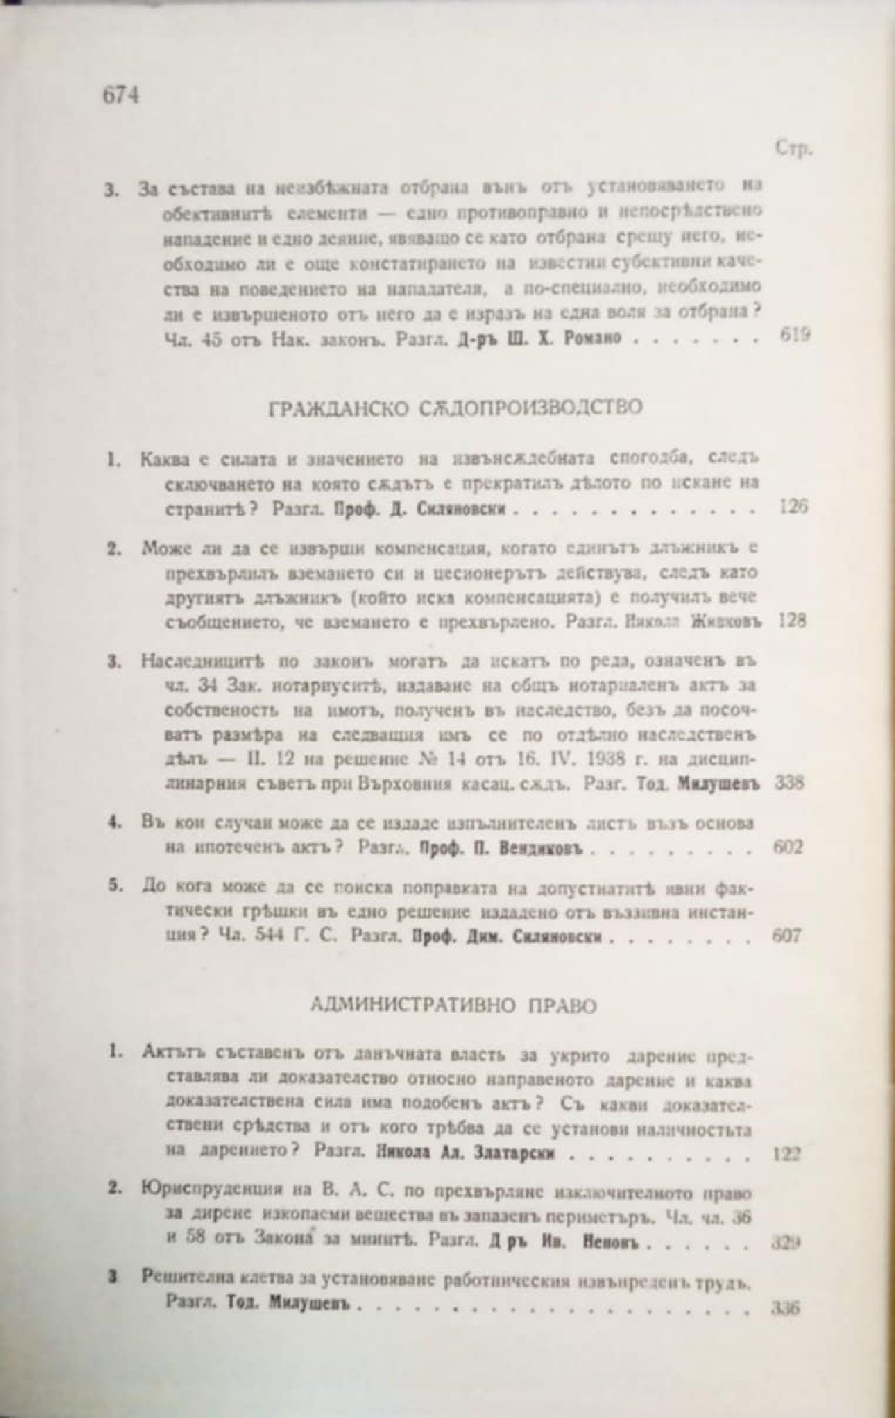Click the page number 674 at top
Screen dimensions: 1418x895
[x=120, y=95]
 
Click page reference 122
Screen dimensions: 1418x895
[x=785, y=1154]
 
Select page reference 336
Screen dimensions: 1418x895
[x=785, y=1307]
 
